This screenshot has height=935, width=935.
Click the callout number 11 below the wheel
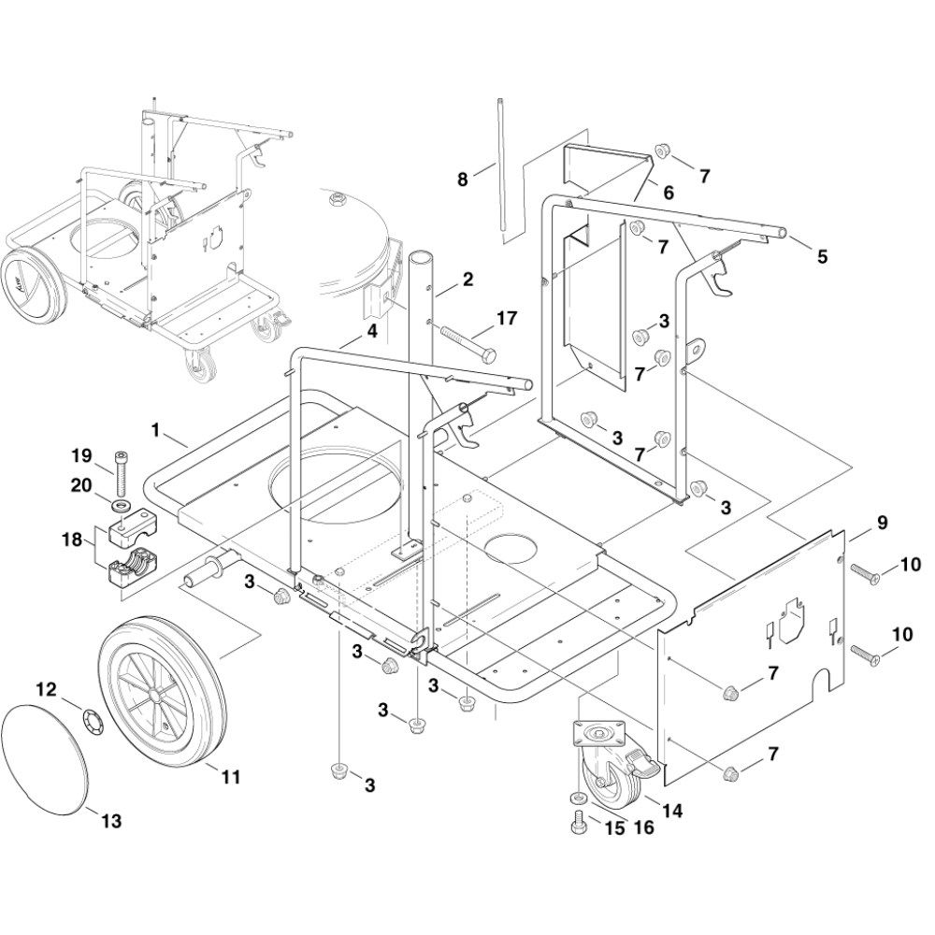tap(231, 777)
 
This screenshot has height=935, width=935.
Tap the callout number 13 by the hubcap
tap(111, 821)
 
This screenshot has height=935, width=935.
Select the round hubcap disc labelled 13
tap(46, 759)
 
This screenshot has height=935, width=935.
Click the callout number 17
tap(507, 318)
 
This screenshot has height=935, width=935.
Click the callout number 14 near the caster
tap(672, 811)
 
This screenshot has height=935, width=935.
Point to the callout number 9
tap(883, 523)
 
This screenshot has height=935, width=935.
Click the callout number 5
tap(823, 256)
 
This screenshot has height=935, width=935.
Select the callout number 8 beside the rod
tap(463, 179)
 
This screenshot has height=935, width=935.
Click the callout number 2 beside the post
tap(467, 279)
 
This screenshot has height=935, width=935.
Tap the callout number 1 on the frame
tap(155, 430)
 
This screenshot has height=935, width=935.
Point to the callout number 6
tap(669, 193)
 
